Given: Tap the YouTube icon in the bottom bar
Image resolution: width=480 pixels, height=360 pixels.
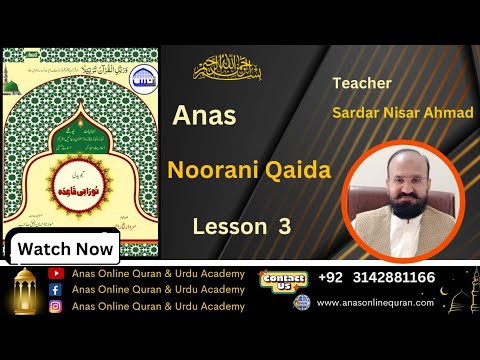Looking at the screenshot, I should (56, 273).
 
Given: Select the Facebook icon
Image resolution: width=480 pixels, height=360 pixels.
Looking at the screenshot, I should (56, 290).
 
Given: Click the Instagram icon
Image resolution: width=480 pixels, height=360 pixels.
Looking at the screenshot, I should (56, 306).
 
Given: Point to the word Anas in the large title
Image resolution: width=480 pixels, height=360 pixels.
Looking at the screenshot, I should (204, 116).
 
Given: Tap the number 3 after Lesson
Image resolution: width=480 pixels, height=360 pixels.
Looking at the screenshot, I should (284, 227).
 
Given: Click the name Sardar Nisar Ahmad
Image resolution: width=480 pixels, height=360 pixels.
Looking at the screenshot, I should (402, 112).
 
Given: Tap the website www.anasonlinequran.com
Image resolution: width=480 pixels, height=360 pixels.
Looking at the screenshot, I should (375, 302).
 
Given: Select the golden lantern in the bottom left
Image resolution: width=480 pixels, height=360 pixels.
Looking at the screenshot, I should (25, 297).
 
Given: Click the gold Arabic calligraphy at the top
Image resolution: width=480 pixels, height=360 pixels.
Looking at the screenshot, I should (236, 70).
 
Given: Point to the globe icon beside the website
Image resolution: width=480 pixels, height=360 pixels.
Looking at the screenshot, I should (300, 302).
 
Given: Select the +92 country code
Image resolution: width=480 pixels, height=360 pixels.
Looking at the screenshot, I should (333, 277).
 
